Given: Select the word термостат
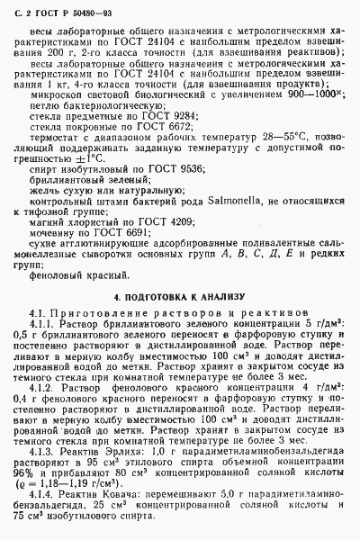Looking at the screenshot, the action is [57, 146].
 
